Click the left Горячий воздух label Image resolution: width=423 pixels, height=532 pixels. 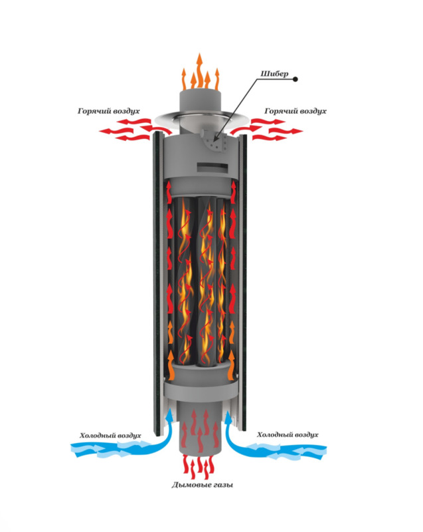pyautogui.click(x=108, y=110)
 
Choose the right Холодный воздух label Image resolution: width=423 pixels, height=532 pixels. pyautogui.click(x=288, y=435)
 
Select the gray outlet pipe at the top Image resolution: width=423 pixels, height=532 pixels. pyautogui.click(x=201, y=103)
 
